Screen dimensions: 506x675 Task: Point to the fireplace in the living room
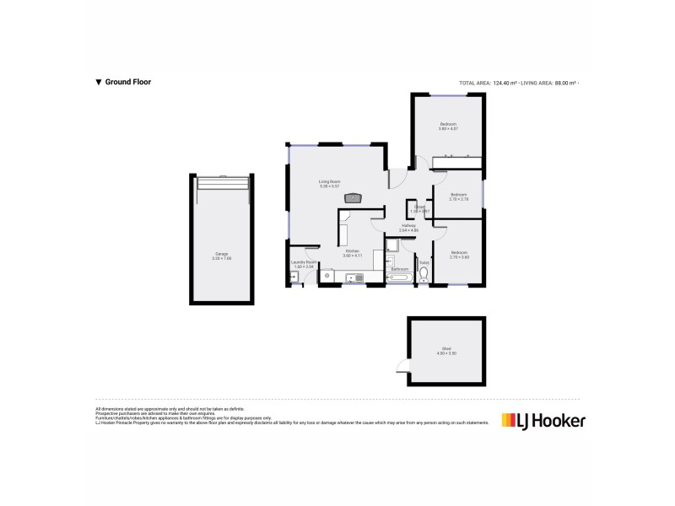(x=354, y=198)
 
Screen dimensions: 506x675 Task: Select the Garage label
(x=221, y=256)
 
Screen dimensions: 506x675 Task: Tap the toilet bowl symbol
(x=424, y=272)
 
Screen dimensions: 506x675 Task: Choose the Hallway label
(x=408, y=227)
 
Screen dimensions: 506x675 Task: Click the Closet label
(x=419, y=207)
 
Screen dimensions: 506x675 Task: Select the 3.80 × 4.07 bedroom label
(x=447, y=127)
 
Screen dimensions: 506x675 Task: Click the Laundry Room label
(x=304, y=264)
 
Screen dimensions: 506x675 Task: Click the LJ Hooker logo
(x=543, y=419)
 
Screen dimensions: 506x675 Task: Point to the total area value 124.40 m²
(x=497, y=83)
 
